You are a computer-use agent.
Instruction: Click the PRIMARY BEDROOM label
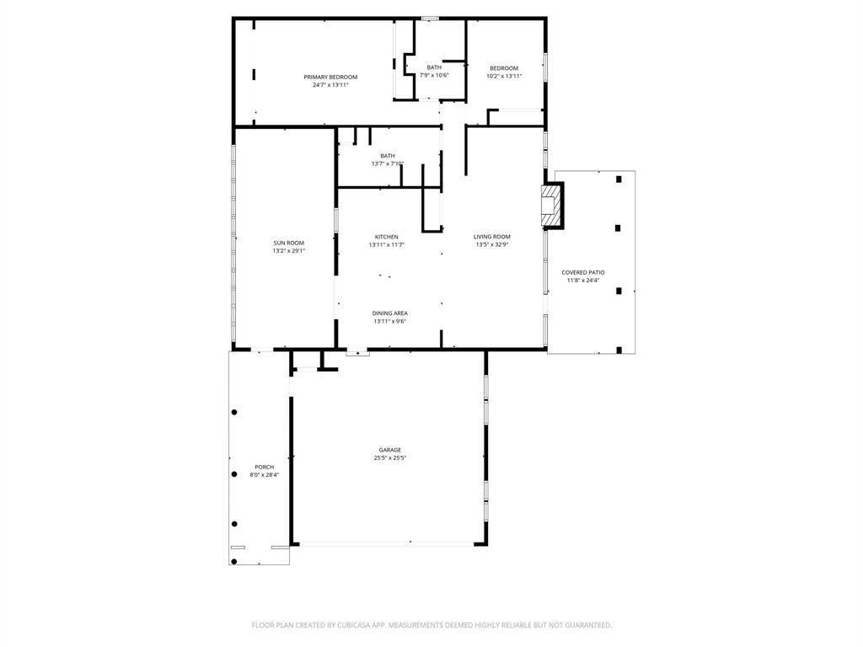point(330,77)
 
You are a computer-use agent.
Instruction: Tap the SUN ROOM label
point(288,243)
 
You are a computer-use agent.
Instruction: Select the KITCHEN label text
point(386,237)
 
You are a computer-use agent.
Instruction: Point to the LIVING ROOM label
point(491,237)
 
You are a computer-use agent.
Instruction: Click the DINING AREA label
point(389,313)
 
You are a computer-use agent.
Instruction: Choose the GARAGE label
point(389,450)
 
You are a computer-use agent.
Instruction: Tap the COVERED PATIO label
point(583,272)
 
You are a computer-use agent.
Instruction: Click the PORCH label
point(264,467)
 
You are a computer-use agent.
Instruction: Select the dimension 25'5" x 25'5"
point(389,457)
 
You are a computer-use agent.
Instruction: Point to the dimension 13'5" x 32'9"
point(492,245)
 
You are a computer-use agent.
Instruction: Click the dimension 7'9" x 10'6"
point(434,75)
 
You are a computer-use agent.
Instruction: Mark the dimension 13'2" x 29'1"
point(288,251)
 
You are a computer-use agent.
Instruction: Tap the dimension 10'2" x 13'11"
point(504,77)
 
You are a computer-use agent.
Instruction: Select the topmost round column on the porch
point(234,412)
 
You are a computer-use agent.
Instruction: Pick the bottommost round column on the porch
point(234,562)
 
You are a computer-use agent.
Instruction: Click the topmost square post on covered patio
point(619,179)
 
